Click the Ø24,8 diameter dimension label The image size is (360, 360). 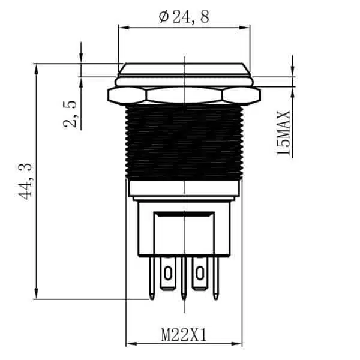pos(184,17)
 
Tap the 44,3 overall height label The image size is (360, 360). pos(25,181)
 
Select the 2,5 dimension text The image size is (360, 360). pos(70,114)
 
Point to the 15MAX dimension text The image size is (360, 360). pos(284,133)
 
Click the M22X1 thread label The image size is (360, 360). pos(184,335)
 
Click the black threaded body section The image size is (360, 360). pos(184,142)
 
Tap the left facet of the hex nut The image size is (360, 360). pos(127,95)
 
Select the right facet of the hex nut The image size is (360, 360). pos(241,95)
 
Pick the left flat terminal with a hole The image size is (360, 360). pos(168,274)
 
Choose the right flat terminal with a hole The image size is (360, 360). pos(200,274)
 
